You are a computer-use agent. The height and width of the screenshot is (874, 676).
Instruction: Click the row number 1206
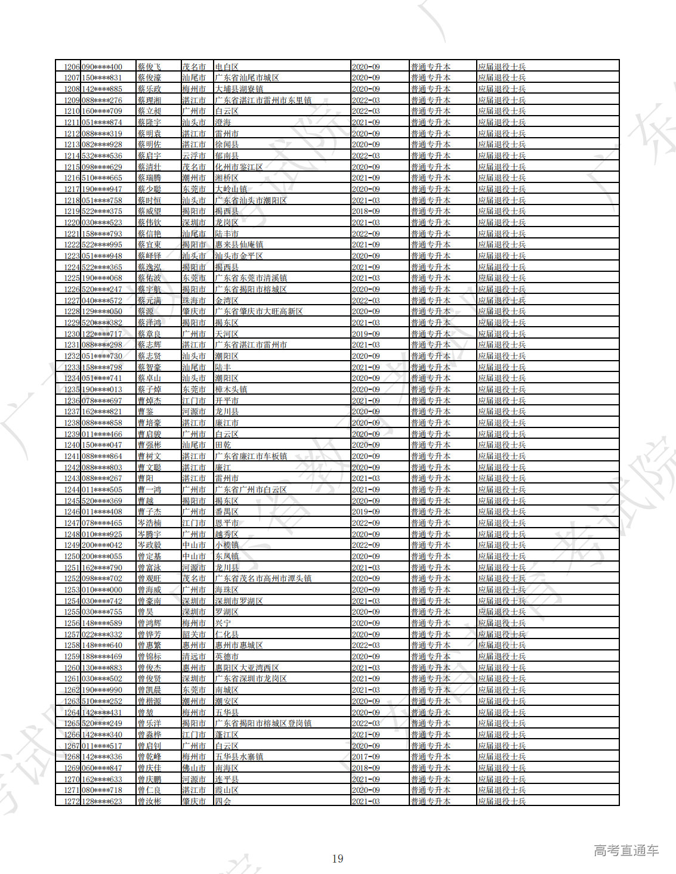click(72, 67)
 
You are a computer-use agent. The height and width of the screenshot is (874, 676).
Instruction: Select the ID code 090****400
click(102, 67)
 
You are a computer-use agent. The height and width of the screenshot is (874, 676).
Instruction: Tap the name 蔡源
click(146, 312)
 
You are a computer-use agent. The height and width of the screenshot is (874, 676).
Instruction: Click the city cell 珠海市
click(194, 300)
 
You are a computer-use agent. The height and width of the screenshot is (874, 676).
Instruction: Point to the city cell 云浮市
click(194, 156)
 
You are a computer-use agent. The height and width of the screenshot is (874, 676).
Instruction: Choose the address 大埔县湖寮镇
click(239, 89)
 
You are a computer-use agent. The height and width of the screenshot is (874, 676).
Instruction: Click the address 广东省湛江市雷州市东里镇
click(263, 100)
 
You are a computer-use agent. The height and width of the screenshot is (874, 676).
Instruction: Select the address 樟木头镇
click(231, 389)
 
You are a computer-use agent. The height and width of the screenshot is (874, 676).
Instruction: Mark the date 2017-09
click(366, 757)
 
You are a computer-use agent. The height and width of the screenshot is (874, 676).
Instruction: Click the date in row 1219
click(366, 212)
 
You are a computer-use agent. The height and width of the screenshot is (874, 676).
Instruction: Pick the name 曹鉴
click(146, 412)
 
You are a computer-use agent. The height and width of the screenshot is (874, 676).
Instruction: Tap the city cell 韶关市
click(194, 634)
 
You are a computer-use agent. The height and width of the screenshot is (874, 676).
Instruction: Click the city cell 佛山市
click(194, 768)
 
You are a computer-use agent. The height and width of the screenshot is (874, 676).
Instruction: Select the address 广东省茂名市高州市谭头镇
click(263, 579)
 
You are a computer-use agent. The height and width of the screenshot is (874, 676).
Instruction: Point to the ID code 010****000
click(102, 590)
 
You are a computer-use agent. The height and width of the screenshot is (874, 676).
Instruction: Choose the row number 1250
click(72, 556)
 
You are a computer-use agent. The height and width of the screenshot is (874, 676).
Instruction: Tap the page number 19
click(338, 858)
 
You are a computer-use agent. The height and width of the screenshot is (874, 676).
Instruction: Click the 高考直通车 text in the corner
click(626, 851)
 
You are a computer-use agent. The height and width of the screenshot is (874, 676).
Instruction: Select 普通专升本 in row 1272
click(431, 801)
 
